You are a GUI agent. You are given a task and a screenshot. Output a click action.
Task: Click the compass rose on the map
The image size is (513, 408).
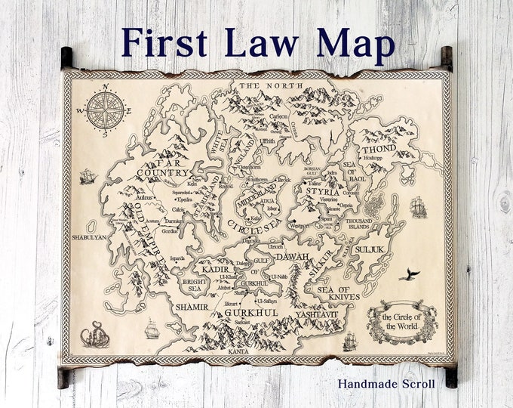105,110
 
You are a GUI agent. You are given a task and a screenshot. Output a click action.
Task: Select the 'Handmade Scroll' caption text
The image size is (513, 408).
387,383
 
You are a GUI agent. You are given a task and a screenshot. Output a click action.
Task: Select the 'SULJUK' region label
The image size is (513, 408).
371,248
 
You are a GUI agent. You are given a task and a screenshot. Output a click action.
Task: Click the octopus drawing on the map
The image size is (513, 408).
95,333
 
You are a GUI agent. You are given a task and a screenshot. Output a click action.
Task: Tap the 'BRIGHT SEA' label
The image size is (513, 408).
194,286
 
